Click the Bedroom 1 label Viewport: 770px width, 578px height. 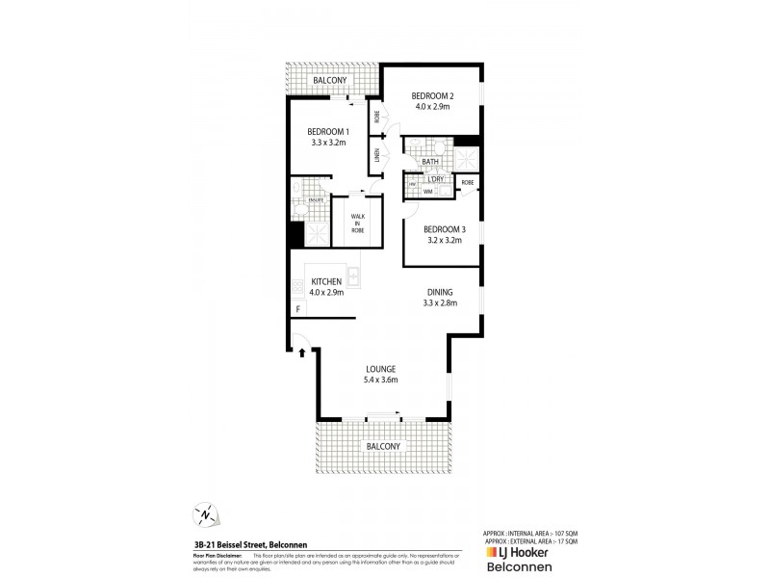click(327, 131)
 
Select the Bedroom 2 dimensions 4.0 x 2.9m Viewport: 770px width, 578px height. click(432, 107)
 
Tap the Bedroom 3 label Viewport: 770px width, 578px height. click(445, 229)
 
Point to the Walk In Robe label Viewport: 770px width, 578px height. click(357, 223)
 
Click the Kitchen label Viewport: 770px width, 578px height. click(326, 281)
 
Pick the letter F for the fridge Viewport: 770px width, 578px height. click(298, 309)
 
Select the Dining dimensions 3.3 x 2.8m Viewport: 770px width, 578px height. click(439, 302)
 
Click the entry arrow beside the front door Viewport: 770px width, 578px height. click(303, 353)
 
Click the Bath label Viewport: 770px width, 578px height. click(430, 162)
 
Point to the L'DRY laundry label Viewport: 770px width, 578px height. click(435, 179)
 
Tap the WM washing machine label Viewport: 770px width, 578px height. click(427, 192)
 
